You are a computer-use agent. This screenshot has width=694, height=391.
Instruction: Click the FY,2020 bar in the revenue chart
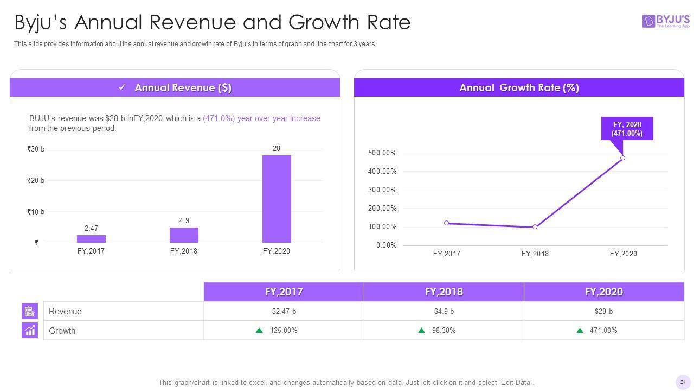pos(277,199)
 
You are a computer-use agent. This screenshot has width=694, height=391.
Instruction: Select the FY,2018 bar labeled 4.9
pos(184,235)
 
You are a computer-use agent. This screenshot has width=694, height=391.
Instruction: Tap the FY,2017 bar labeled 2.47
pos(91,239)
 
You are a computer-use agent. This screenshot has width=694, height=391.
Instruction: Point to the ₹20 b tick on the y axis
pos(36,180)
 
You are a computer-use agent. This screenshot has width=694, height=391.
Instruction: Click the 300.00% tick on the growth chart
pos(382,190)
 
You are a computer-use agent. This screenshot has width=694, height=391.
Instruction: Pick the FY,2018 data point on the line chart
pos(535,227)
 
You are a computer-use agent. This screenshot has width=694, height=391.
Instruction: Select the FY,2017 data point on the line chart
pos(446,223)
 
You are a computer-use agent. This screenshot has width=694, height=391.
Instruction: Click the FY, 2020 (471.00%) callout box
pos(627,129)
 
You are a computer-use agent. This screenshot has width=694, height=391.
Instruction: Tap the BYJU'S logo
pos(666,21)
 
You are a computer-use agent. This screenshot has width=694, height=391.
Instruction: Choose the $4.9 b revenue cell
pos(444,311)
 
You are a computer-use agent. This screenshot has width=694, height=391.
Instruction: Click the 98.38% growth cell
pos(444,331)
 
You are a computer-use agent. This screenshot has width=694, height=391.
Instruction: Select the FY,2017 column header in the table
pos(284,292)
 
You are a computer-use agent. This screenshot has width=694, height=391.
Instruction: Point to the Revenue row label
pos(65,312)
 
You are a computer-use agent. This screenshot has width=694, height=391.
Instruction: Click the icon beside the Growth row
pos(30,330)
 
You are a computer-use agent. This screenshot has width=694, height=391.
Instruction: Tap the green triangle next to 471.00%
pos(580,330)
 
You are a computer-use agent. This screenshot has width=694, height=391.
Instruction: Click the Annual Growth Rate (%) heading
pos(519,88)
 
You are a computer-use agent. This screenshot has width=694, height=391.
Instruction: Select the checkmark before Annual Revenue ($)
pos(123,87)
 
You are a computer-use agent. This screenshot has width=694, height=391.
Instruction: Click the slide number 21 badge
pos(682,382)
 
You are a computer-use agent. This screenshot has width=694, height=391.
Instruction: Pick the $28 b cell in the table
pos(603,311)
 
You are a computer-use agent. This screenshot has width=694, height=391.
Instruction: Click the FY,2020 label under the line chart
pos(623,254)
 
